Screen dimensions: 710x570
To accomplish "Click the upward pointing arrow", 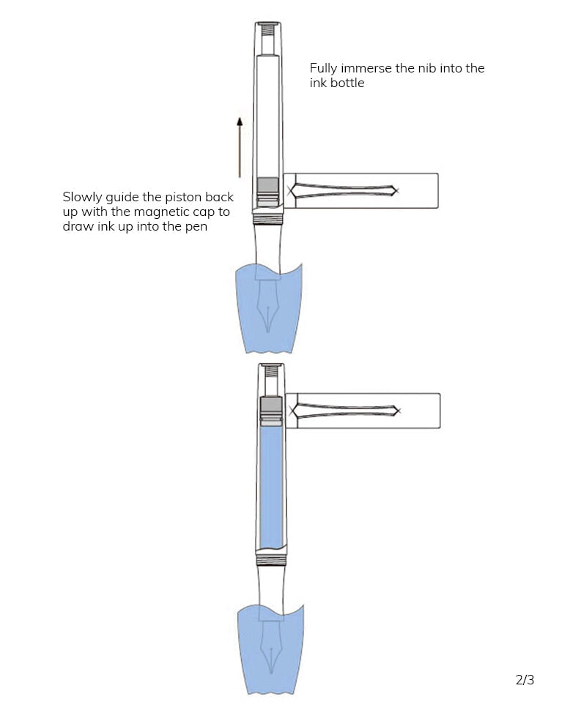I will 240,146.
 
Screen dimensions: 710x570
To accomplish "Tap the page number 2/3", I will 525,679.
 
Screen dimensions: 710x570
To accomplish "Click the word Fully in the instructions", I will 324,68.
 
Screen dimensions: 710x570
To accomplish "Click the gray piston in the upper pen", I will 268,186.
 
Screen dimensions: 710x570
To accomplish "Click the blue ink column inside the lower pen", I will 271,487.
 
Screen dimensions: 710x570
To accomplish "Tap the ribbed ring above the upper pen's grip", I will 268,217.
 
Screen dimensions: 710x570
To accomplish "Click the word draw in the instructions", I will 76,228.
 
